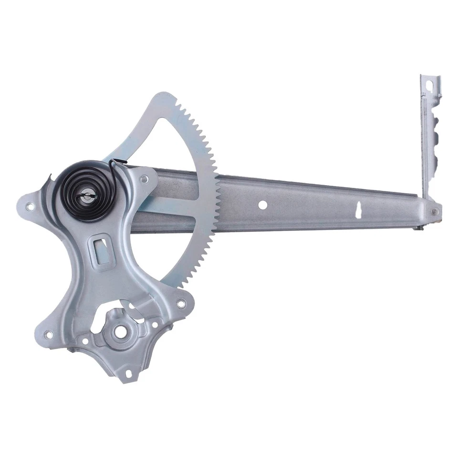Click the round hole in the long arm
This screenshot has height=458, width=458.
(262, 204)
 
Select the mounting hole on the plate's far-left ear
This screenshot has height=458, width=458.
(30, 207)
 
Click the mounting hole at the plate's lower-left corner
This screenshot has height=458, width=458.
(48, 334)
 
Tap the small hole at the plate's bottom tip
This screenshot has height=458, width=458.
(127, 374)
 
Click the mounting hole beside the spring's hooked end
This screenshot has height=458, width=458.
(144, 179)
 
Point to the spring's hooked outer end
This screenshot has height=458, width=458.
(113, 164)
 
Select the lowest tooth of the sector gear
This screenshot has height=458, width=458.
(184, 283)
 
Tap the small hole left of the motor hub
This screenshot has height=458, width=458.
(85, 341)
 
